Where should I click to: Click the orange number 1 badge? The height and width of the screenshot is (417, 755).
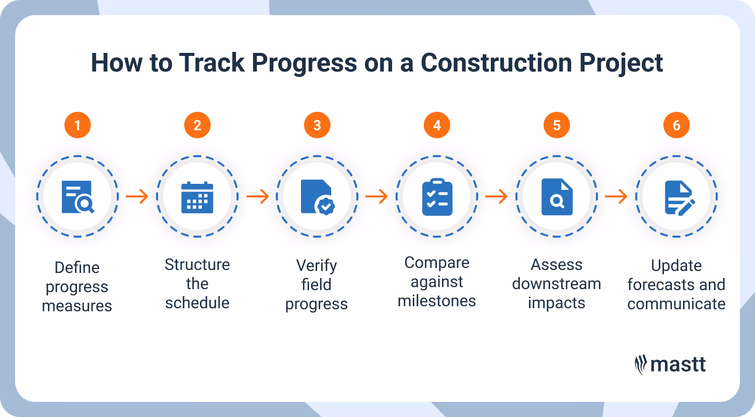(x=78, y=125)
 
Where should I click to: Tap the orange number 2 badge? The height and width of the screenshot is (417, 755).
(x=197, y=125)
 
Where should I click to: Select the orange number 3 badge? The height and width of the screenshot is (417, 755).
(x=317, y=125)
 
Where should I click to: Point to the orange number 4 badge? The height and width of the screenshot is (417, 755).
(x=437, y=125)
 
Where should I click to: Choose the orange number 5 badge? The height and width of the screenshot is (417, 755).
(x=557, y=125)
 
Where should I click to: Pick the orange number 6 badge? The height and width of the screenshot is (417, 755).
(x=676, y=125)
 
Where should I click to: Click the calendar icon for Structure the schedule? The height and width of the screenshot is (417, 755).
(x=197, y=197)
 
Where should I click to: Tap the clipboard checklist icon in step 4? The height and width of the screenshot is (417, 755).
(x=437, y=197)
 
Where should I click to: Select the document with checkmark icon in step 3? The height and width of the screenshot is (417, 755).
(x=317, y=197)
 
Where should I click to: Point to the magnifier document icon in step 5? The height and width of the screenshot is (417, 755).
(x=557, y=197)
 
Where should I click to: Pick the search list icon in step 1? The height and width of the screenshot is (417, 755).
(x=78, y=197)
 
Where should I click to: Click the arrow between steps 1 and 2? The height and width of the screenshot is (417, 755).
(x=137, y=196)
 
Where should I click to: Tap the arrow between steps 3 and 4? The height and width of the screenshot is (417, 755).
(x=376, y=196)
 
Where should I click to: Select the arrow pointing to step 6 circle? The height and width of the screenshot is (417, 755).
(x=616, y=196)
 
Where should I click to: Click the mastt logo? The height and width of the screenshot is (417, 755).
(x=670, y=365)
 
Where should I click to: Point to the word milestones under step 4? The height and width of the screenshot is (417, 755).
(x=437, y=301)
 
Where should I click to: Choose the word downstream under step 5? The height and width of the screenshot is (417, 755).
(x=557, y=284)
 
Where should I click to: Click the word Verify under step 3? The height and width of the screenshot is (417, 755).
(x=317, y=265)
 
